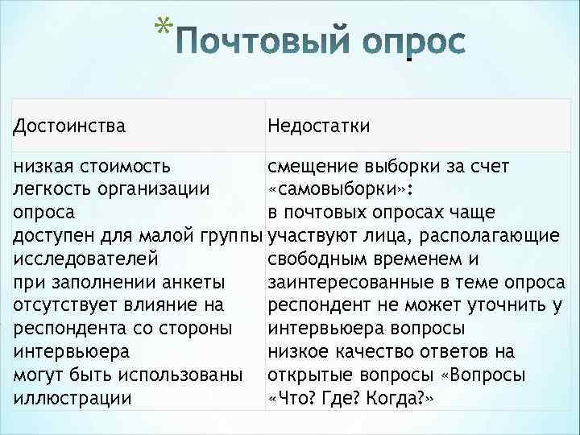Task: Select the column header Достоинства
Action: pos(69,126)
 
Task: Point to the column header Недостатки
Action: pos(320,126)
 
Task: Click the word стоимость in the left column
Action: pos(129,167)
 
